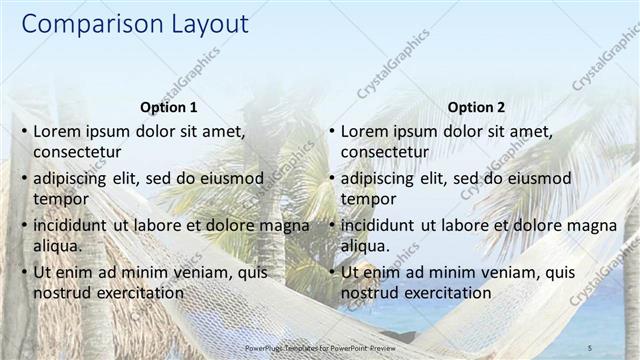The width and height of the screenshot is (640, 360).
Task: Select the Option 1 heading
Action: tap(168, 107)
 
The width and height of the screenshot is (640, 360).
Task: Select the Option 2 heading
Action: tap(476, 107)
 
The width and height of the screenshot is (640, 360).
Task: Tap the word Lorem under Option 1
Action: tap(58, 131)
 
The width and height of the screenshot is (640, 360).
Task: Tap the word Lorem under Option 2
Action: tap(366, 131)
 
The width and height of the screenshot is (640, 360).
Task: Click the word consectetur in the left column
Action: tap(77, 152)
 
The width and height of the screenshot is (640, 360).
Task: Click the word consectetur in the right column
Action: tap(385, 152)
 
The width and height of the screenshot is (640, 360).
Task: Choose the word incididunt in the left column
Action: tap(72, 225)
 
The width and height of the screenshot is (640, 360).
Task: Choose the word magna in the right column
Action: tap(594, 225)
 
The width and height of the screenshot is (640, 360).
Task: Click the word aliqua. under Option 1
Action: tap(57, 246)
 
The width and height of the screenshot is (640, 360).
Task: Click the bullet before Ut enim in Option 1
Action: tap(22, 273)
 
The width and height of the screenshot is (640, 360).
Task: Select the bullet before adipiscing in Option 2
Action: tap(330, 179)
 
